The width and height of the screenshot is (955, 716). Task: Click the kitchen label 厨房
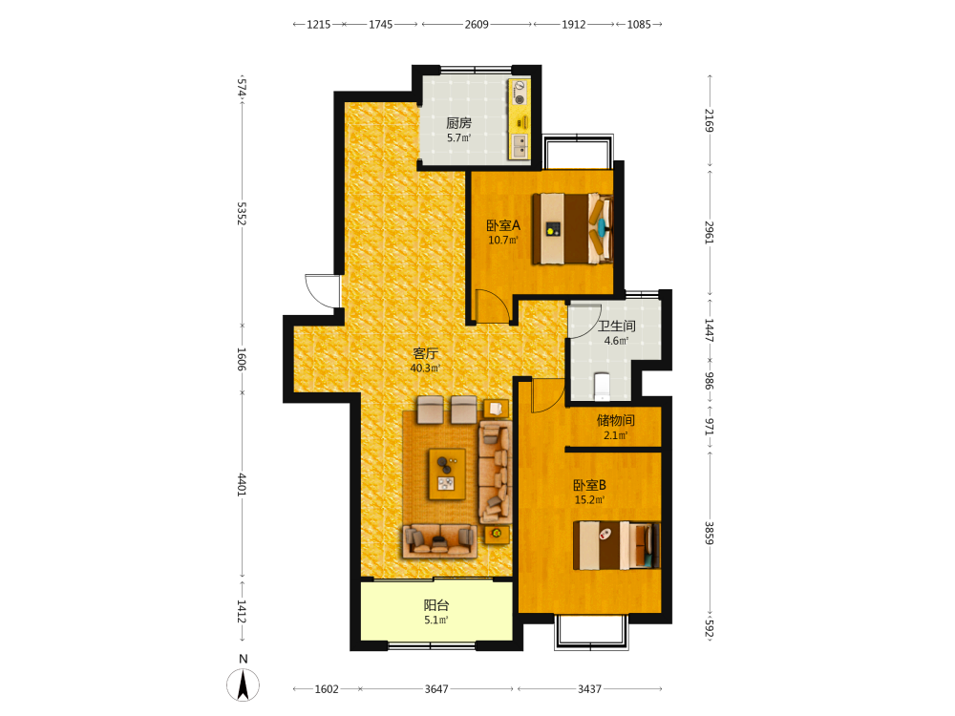[x=458, y=123]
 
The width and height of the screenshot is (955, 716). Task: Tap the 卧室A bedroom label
[x=503, y=225]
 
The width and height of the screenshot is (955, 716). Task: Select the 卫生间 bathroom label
[x=616, y=326]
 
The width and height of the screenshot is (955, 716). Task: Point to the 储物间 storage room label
[x=616, y=420]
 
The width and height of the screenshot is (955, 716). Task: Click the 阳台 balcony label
[x=436, y=605]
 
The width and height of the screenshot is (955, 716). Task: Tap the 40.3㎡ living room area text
[x=425, y=369]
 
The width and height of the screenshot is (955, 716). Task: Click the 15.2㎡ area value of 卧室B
[x=589, y=500]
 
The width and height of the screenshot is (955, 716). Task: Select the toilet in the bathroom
[x=602, y=387]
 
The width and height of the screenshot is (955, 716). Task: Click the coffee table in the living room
[x=447, y=474]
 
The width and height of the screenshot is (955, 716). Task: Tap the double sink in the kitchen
[x=520, y=147]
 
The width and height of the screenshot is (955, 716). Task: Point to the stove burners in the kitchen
[x=520, y=92]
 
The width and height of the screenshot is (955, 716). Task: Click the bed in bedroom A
[x=572, y=229]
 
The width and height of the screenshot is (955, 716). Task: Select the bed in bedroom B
[x=616, y=545]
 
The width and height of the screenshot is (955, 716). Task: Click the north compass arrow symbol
[x=243, y=684]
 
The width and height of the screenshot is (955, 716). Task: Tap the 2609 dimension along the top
[x=477, y=25]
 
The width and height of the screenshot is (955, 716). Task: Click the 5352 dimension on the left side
[x=242, y=214]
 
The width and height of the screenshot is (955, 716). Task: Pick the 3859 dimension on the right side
[x=709, y=533]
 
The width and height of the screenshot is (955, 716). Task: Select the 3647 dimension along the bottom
[x=436, y=689]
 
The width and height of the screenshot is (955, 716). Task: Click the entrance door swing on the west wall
[x=322, y=291]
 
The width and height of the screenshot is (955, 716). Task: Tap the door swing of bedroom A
[x=492, y=306]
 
